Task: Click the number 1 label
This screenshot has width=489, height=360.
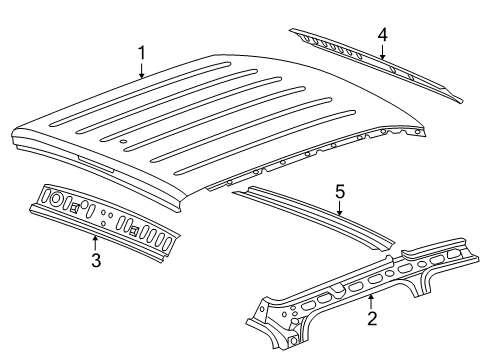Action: click(141, 52)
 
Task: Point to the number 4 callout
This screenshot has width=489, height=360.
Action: click(382, 33)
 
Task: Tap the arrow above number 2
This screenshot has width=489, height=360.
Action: click(372, 301)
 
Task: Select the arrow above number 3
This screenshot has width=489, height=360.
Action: click(95, 243)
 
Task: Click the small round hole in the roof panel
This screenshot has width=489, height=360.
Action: click(122, 142)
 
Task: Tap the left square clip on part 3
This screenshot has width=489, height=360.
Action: click(75, 207)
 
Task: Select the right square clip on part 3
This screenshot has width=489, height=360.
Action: click(132, 229)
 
